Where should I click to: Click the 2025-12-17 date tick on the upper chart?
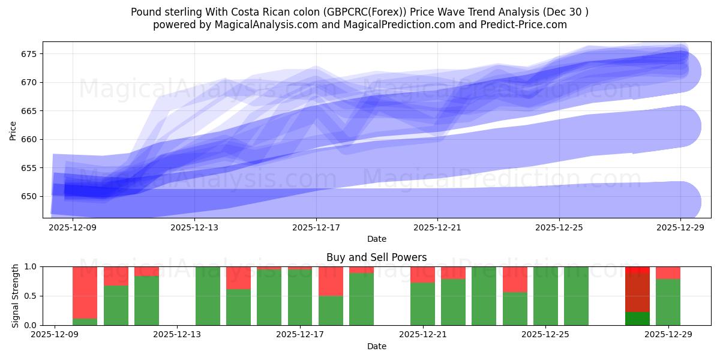coord(316,228)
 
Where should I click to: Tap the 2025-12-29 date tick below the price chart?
coord(680,228)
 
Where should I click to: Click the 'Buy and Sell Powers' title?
coord(376,257)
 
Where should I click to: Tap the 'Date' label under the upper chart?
coord(376,239)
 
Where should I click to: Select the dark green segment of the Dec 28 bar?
coord(637,319)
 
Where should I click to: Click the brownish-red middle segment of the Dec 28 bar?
coord(637,292)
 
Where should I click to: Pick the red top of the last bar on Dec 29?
coord(668,272)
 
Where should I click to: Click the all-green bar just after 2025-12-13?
coord(208,296)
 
